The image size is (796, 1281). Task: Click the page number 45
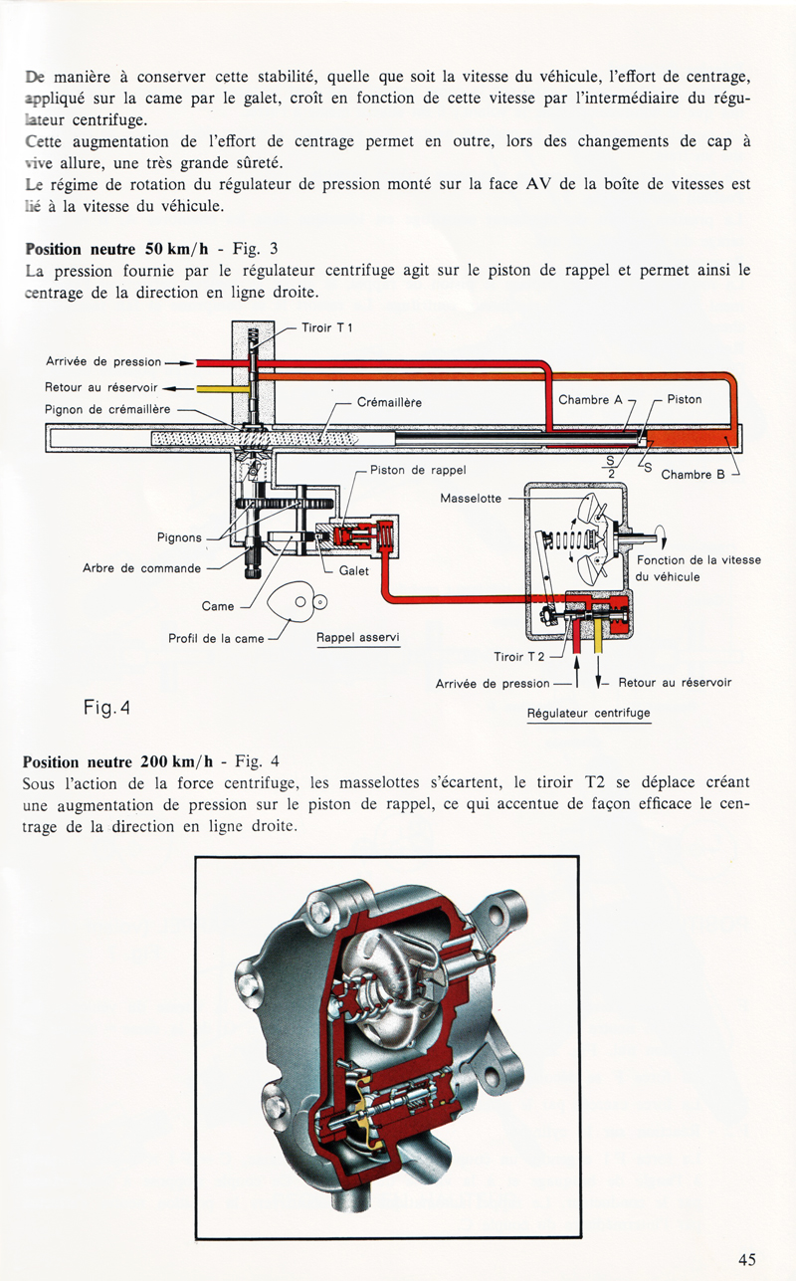point(747,1259)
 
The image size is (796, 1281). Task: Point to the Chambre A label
point(590,399)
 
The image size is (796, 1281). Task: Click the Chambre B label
point(694,475)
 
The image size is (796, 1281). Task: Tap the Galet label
point(354,570)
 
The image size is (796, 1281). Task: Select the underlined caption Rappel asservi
point(357,637)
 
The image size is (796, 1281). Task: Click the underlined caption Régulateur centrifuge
point(588,714)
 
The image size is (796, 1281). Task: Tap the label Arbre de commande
point(142,568)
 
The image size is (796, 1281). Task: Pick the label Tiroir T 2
point(519,657)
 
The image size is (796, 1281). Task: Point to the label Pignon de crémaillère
point(109,407)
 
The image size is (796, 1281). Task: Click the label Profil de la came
point(216,638)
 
